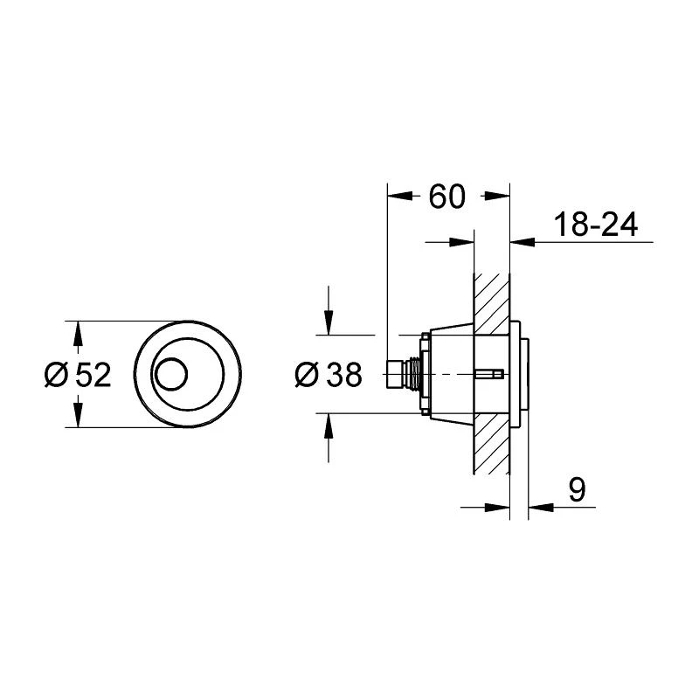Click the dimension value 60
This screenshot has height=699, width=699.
point(446,197)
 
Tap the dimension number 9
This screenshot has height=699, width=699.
point(577,491)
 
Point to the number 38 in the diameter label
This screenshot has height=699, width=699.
point(342,376)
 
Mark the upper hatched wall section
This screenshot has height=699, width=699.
point(491,297)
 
